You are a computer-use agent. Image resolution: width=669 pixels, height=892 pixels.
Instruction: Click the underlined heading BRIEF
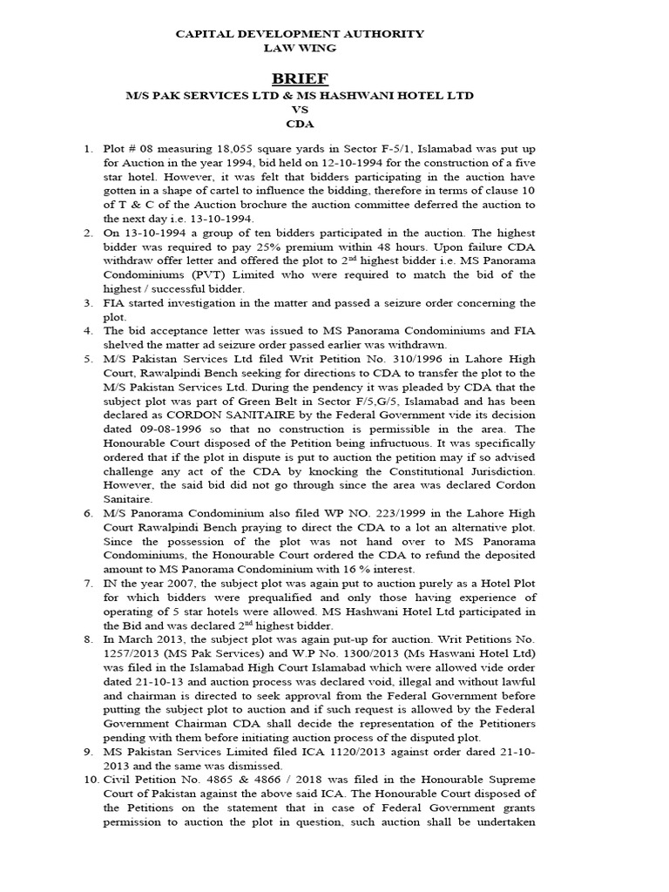pyautogui.click(x=301, y=79)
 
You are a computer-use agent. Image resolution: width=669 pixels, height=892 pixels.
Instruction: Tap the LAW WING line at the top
pyautogui.click(x=301, y=48)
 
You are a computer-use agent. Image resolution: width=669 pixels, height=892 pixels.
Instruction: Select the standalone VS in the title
pyautogui.click(x=301, y=111)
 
